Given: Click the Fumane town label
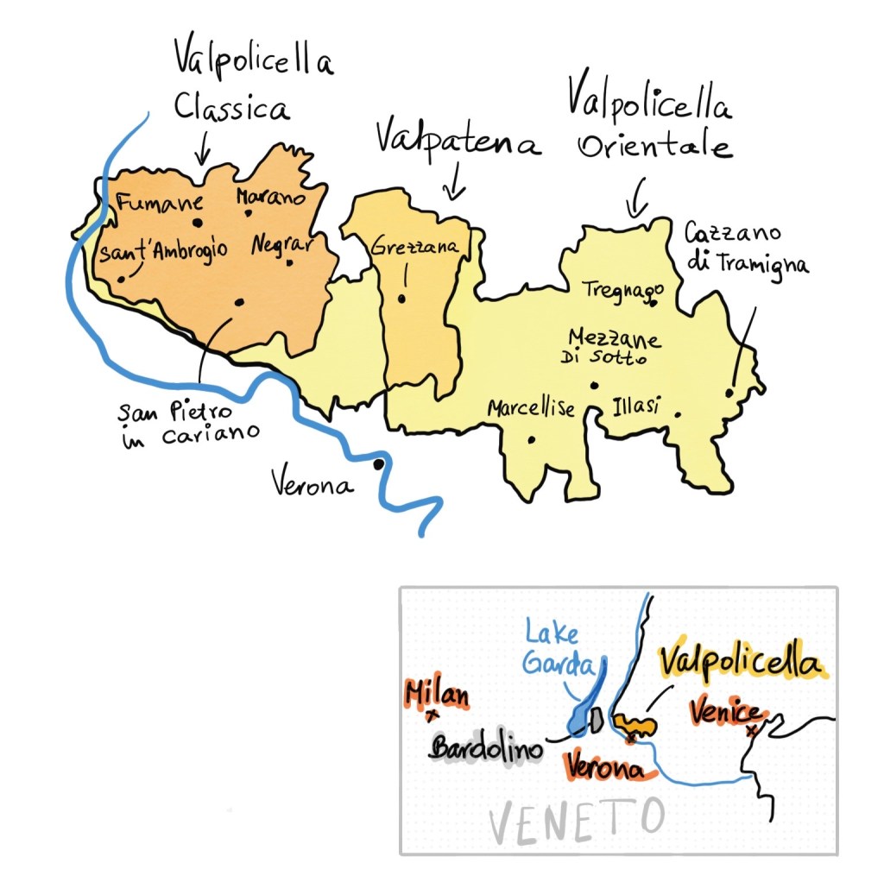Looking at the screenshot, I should (x=160, y=205).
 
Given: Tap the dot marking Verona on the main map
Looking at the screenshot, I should (x=378, y=464).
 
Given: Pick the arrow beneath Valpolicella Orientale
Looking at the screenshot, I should (x=636, y=198).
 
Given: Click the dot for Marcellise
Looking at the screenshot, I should (x=531, y=439).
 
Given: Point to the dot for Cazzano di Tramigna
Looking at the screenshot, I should (x=729, y=393).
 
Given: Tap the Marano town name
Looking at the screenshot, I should (x=270, y=198).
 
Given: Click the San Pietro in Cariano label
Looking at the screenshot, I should (x=187, y=422).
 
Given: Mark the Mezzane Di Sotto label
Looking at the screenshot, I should (x=615, y=346).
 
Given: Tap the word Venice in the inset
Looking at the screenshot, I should (x=726, y=713).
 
